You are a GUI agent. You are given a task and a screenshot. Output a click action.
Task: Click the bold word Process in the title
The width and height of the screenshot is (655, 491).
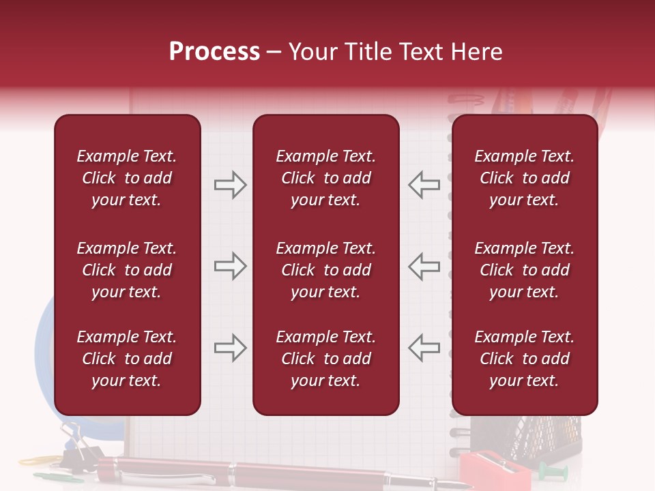214,52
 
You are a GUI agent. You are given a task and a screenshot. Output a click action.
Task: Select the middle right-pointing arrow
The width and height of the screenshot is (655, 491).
230,266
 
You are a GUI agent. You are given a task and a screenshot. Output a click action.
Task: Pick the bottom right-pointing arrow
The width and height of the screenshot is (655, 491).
230,348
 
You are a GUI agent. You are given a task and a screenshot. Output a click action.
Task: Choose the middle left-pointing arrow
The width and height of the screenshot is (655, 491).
424,266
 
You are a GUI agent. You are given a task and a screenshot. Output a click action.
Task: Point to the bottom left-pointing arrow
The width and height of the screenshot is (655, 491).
424,348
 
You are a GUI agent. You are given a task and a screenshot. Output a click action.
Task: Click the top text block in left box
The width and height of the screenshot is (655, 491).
127,178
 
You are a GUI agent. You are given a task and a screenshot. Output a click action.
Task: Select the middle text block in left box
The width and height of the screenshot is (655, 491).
127,270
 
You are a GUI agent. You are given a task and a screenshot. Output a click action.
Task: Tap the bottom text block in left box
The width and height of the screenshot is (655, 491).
127,359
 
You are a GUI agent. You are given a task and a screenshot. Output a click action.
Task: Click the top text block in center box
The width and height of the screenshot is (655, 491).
325,178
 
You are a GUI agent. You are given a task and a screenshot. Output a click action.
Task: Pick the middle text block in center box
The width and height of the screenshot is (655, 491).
325,270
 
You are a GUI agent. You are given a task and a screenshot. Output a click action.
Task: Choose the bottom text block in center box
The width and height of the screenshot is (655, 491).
325,359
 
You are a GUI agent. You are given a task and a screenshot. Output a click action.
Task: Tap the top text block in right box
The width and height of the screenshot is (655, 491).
525,178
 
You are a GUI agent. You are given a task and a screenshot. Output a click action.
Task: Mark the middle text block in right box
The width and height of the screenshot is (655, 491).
525,270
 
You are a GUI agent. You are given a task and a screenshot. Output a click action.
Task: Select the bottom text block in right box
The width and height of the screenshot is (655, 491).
525,359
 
